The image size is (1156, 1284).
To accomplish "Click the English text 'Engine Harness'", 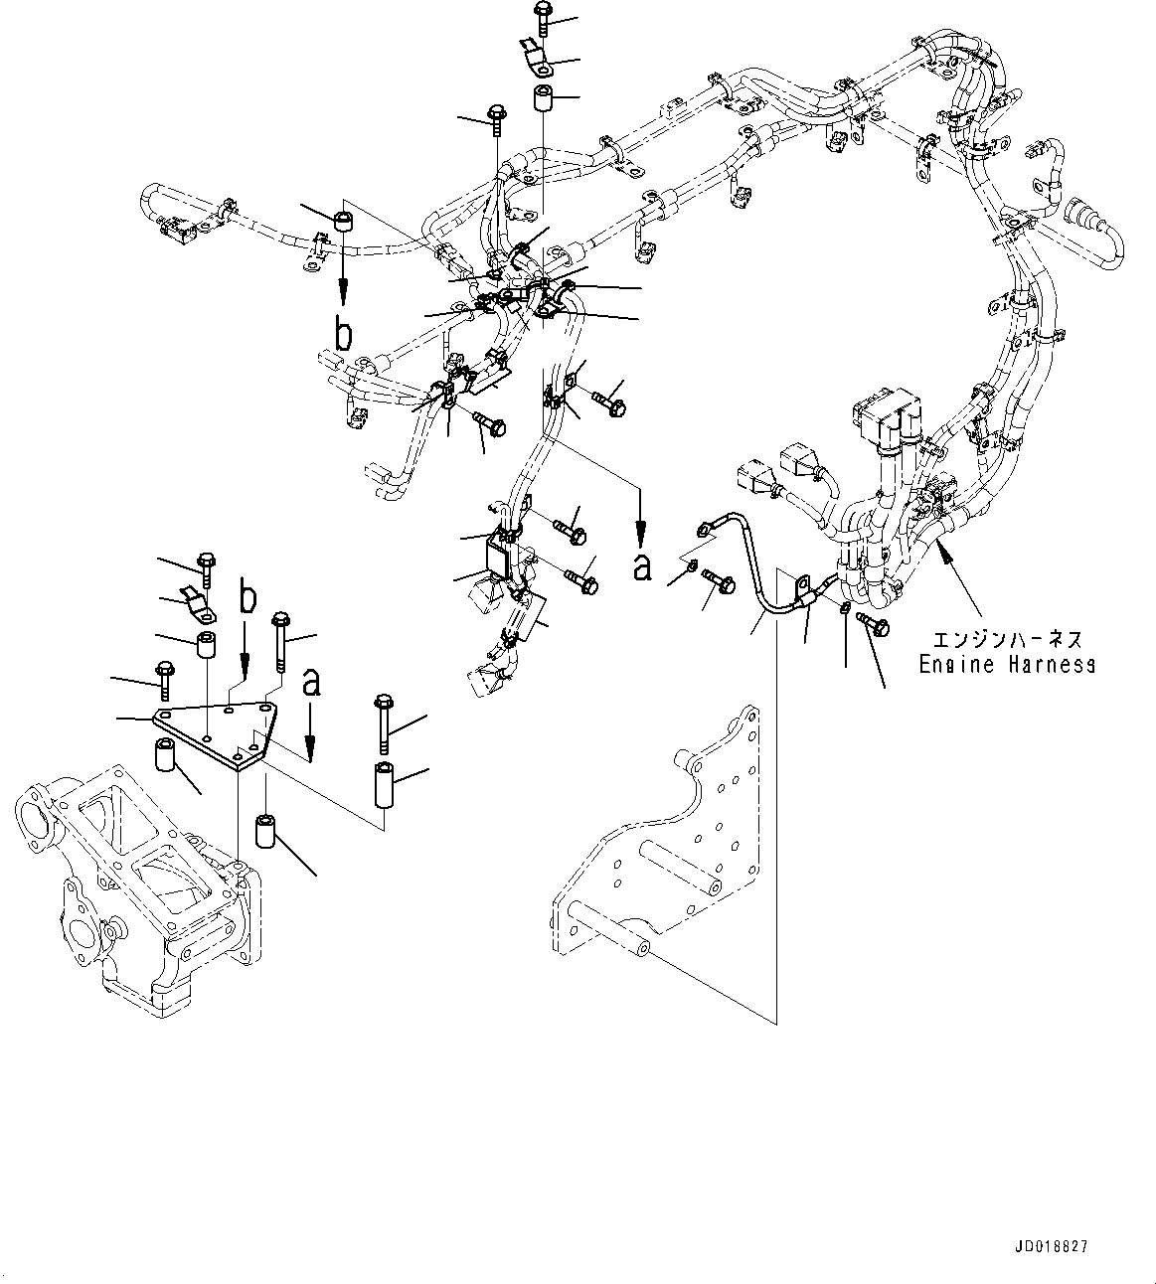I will [x=1006, y=664].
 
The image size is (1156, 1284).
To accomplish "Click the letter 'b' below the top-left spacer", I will [x=343, y=335].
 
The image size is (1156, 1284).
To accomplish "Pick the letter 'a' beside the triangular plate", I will [x=312, y=682].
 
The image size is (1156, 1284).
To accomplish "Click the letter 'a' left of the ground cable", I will [x=642, y=566].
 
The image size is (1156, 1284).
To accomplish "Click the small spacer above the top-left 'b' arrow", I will [x=344, y=219].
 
